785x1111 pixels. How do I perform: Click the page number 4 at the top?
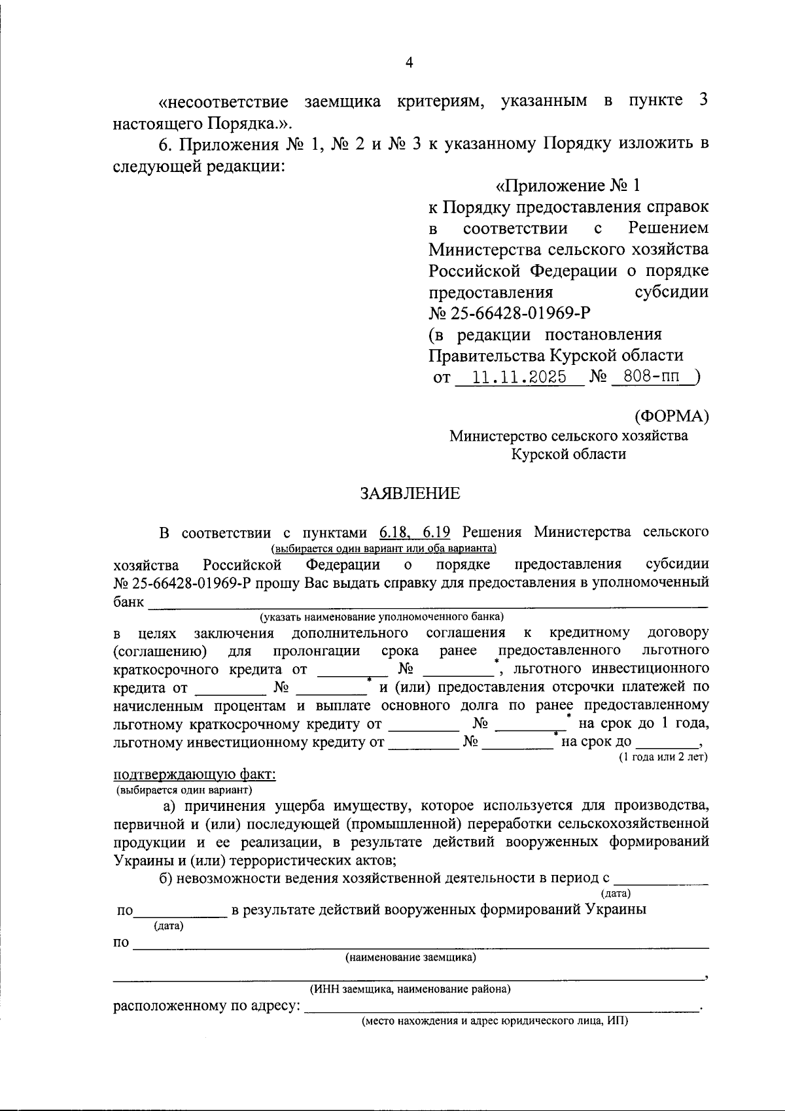coord(410,63)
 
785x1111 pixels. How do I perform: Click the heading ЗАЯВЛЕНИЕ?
coord(410,494)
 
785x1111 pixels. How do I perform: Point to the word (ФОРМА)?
coord(671,416)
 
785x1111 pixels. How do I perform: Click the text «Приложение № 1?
coord(567,186)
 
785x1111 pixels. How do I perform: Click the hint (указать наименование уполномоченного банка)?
coord(381,617)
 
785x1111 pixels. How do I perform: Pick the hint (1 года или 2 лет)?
coord(663,757)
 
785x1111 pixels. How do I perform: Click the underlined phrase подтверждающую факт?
coord(194,775)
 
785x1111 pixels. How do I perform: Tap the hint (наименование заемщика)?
coord(410,958)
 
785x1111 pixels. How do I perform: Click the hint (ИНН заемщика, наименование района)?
coord(410,989)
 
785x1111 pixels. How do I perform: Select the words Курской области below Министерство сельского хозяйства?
coord(568,454)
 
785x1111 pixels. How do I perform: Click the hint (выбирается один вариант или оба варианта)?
coord(384,548)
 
